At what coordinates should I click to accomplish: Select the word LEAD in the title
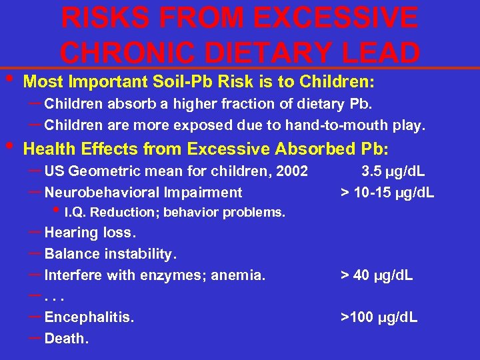point(379,53)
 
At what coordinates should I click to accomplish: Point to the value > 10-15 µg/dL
point(387,193)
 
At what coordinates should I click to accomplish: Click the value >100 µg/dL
point(379,317)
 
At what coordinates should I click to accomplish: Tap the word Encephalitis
point(89,317)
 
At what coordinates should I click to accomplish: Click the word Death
point(66,339)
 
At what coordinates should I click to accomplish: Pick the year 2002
point(292,171)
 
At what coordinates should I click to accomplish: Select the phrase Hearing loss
point(90,233)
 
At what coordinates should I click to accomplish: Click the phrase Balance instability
point(111,254)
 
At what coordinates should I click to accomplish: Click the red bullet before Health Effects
point(9,144)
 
